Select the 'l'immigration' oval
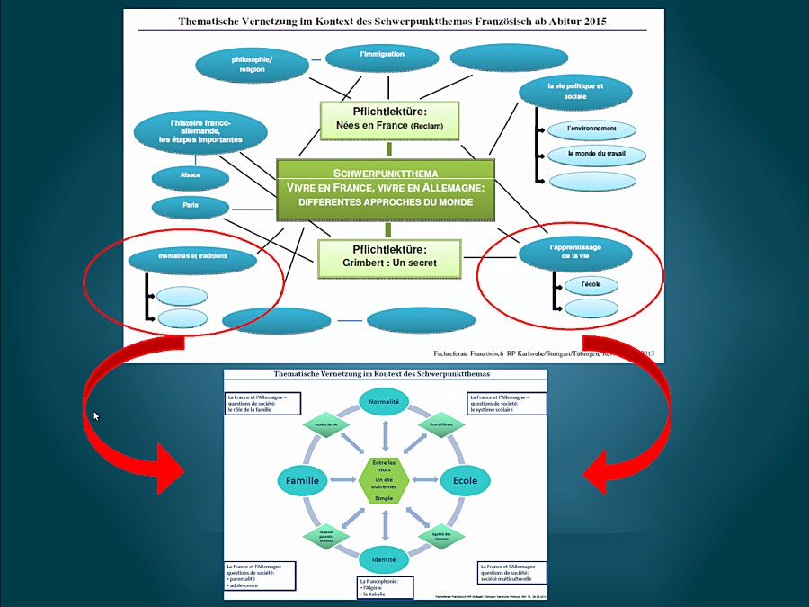(x=382, y=57)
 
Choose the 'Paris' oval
(x=191, y=207)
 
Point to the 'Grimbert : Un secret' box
(x=388, y=258)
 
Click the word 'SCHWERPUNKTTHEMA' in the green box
(x=386, y=173)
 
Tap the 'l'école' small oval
(x=591, y=286)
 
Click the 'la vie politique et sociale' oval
(x=575, y=92)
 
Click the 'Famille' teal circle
(x=303, y=481)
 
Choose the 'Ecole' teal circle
(x=465, y=481)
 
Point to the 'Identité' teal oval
(x=384, y=560)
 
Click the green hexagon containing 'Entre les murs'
(x=384, y=480)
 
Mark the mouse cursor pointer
(x=96, y=415)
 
